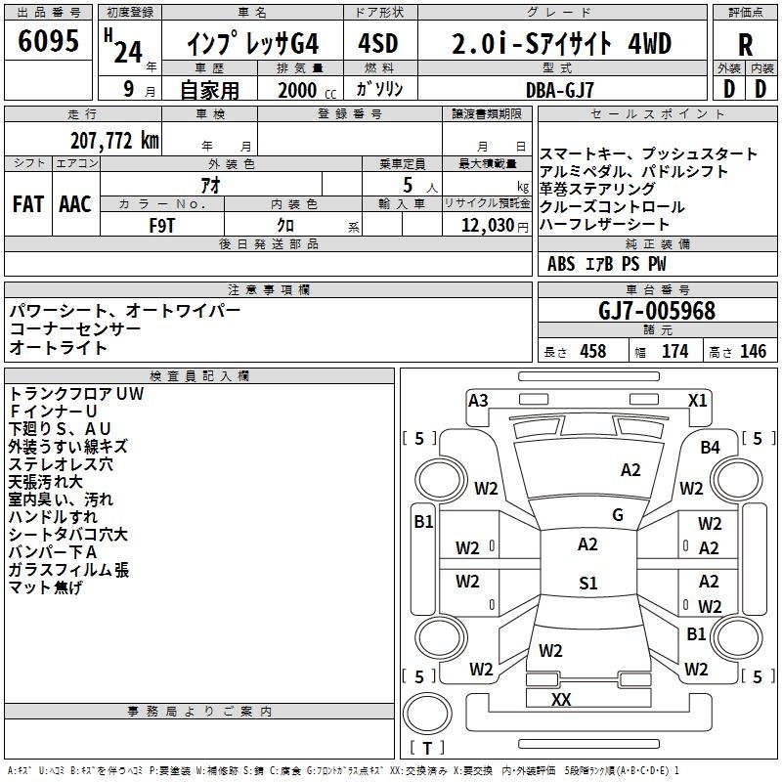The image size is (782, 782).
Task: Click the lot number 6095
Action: [49, 42]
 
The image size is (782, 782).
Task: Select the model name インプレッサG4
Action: [252, 44]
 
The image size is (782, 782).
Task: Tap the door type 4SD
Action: [380, 44]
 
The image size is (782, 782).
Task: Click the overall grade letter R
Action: [746, 46]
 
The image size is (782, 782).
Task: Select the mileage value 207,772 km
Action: [114, 140]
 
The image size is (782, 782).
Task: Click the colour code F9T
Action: [162, 224]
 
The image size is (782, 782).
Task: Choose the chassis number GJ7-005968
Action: [657, 311]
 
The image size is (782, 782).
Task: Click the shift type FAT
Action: [27, 204]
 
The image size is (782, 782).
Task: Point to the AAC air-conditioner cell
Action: [75, 204]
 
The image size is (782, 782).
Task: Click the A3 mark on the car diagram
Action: [478, 400]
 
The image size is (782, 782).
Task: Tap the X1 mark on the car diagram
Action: [698, 400]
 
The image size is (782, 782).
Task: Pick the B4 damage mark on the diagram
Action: [711, 447]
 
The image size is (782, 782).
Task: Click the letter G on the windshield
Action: [618, 515]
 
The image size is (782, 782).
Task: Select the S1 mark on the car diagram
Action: [587, 584]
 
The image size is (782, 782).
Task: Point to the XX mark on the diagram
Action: [561, 699]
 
